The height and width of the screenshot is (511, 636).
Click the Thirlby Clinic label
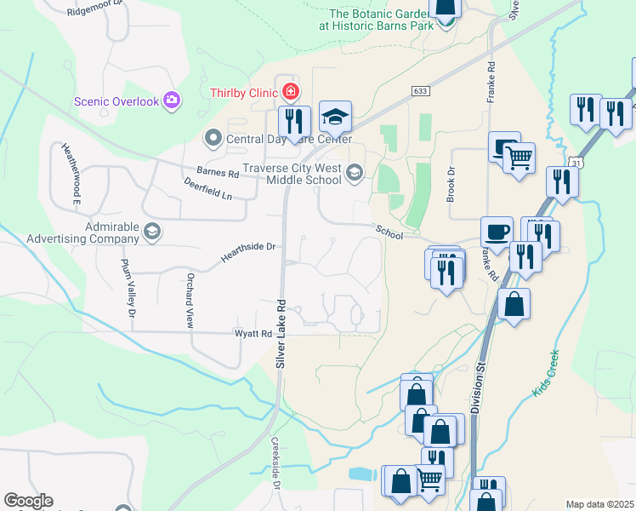coord(246,91)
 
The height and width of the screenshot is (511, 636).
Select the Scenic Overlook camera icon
coord(173,101)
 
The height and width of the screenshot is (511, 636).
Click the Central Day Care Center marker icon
coord(212,137)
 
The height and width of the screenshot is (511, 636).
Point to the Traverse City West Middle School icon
coord(354,175)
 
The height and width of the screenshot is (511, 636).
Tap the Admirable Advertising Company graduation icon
coord(152,232)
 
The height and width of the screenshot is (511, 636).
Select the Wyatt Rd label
coord(253,333)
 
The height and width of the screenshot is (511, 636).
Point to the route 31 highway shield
coord(577,162)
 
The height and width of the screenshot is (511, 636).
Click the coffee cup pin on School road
coord(497,232)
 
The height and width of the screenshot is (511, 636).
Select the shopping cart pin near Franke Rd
coord(520,156)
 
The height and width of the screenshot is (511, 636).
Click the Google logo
coord(28,501)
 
